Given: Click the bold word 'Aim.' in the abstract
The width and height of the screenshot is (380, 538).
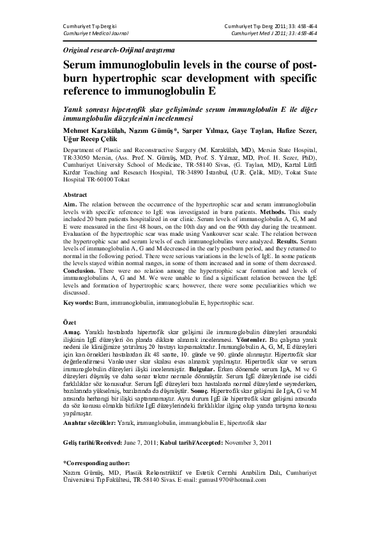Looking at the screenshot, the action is (71, 203).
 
